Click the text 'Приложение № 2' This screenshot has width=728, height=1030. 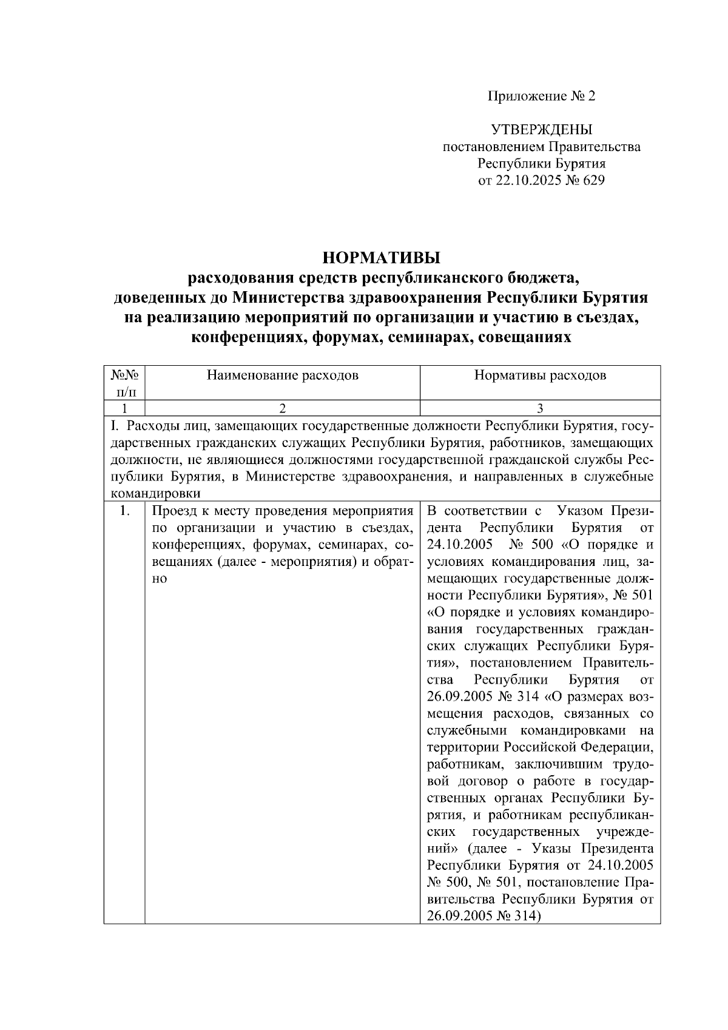click(542, 96)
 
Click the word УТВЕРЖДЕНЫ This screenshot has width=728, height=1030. click(541, 130)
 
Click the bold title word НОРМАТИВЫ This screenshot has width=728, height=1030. click(381, 258)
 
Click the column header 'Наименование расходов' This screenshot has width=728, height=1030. click(282, 375)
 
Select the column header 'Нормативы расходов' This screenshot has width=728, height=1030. click(540, 375)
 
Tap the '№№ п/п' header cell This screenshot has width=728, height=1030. click(124, 382)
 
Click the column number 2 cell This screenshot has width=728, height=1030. click(282, 408)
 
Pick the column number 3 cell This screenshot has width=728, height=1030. click(540, 408)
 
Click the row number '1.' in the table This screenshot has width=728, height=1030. click(124, 511)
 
